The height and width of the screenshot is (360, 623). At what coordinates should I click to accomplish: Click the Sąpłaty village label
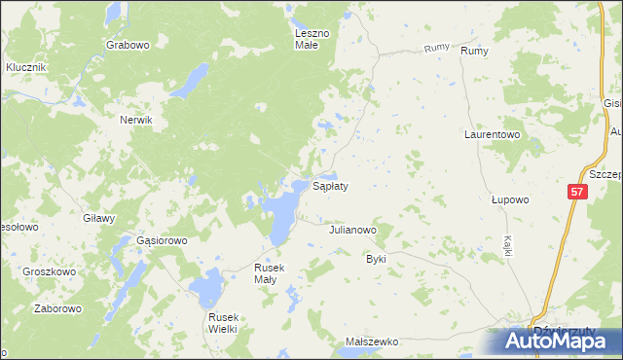pos(330,185)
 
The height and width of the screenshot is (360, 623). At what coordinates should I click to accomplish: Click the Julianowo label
pos(352,231)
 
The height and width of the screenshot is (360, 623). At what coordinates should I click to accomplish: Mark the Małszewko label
pos(373,342)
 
